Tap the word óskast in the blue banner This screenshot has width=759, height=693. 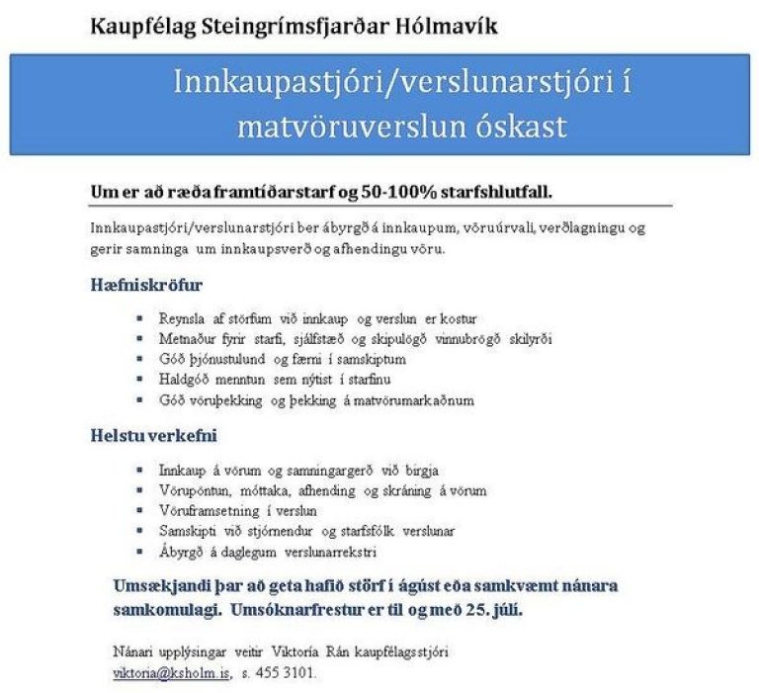click(x=520, y=126)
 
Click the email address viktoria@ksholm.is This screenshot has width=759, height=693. click(x=171, y=672)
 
